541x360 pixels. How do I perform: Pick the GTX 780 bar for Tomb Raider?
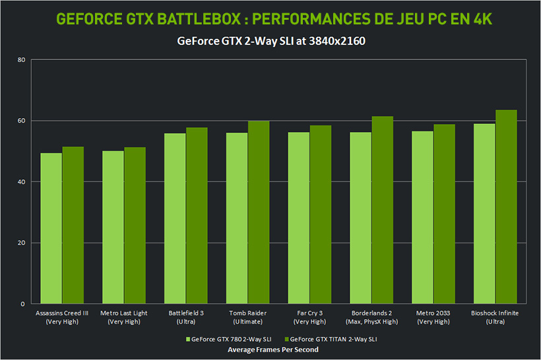tap(237, 218)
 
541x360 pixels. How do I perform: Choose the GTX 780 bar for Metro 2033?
tap(422, 218)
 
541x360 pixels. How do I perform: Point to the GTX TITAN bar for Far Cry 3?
tap(320, 214)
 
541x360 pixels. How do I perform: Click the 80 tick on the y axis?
tap(21, 60)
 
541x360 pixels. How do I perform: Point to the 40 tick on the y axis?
tap(21, 182)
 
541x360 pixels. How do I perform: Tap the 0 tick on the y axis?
tap(23, 304)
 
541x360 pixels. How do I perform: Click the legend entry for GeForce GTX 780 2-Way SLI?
tap(228, 340)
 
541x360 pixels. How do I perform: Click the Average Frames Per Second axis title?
tap(272, 349)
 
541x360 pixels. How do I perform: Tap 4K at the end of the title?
tap(481, 18)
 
